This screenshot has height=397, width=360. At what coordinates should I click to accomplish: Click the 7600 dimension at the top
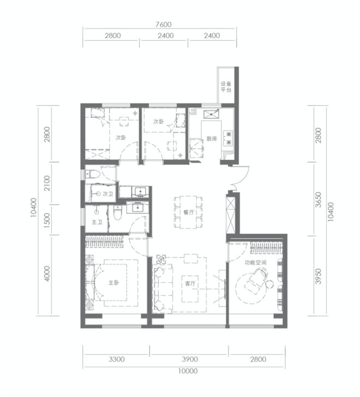164,25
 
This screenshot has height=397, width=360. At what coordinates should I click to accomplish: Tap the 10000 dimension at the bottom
188,371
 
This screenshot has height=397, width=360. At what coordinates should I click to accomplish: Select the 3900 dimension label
190,359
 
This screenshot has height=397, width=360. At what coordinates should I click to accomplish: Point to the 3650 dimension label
319,200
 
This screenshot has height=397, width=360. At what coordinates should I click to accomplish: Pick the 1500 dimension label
47,220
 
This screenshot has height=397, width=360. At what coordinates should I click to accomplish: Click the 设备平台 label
226,87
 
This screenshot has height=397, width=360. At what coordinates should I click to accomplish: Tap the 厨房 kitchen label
212,139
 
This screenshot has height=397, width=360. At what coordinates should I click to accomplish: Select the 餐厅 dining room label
189,212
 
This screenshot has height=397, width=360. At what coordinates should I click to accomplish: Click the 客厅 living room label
190,284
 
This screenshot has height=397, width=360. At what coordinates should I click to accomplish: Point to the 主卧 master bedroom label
113,282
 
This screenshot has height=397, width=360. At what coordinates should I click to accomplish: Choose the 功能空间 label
255,262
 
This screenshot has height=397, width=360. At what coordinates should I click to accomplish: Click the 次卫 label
108,194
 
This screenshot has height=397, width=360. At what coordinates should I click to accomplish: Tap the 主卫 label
97,222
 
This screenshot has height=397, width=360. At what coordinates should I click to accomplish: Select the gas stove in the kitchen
228,138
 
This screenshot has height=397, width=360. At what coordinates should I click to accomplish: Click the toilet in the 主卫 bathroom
117,213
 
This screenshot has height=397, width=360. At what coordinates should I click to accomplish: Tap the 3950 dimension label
319,276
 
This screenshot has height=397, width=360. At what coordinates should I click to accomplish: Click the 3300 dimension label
117,359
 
